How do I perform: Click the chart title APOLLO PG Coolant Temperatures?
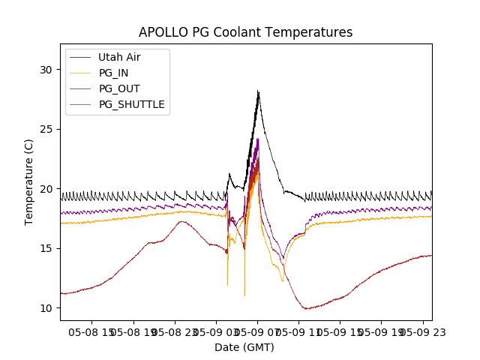pos(245,32)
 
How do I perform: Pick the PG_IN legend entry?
pos(113,73)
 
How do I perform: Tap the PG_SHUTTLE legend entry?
pos(131,104)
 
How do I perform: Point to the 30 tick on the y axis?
pos(47,70)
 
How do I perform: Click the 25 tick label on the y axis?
pos(47,129)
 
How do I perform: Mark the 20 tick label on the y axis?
pos(47,189)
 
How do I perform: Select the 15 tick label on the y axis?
pos(47,248)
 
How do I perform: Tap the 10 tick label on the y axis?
pos(47,308)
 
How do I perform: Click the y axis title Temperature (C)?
pos(29,182)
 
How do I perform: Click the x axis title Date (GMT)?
pos(244,347)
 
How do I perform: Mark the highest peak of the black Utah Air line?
pos(258,91)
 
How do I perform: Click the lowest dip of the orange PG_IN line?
pos(244,295)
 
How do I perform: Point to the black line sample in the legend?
pos(80,57)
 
